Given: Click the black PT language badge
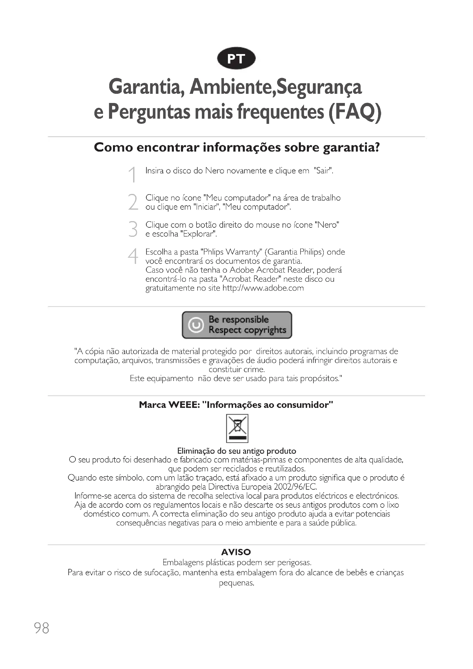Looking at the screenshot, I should coord(236,59).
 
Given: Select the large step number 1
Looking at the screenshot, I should coord(133,174).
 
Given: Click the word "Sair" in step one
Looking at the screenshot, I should coord(323,170).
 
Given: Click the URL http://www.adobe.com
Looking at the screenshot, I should coord(263,288).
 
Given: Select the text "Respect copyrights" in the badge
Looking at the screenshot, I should coord(247,330).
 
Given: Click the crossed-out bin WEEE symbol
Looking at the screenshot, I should coord(237,428).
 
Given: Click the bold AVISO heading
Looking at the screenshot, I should coord(236,552).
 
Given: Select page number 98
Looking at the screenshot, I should coord(42,628).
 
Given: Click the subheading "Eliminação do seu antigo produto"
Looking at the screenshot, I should coord(236,451).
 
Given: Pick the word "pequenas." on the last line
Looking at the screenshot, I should coord(236,583).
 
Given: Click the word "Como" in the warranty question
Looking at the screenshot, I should coord(114,147).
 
